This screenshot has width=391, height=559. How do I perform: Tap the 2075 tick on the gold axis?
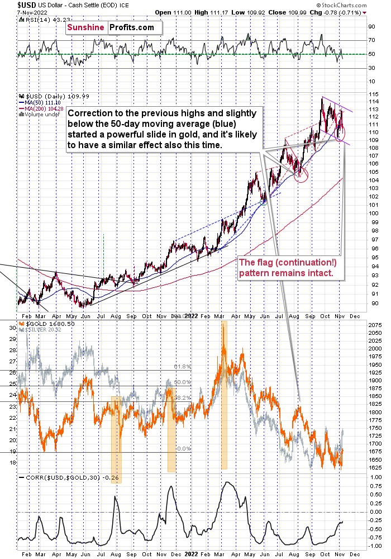click(x=374, y=324)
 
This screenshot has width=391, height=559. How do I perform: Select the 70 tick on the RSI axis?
click(x=370, y=40)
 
